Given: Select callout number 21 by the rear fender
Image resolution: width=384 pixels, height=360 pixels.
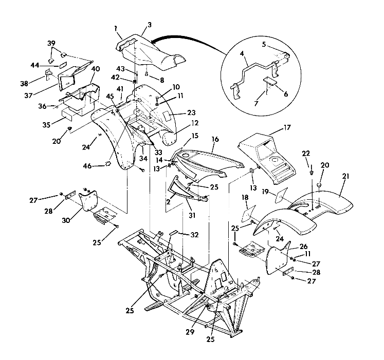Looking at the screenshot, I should point(345,177).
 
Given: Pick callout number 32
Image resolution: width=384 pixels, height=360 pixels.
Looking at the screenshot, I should point(180,235).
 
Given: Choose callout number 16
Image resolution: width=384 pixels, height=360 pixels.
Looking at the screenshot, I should point(214,139).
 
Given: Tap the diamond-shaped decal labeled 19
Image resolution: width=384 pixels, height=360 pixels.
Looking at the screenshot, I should point(281,195).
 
